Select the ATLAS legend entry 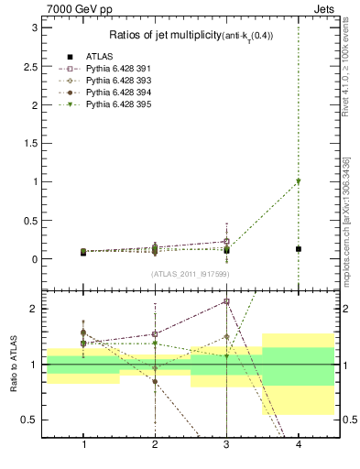click(102, 55)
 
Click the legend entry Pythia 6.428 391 click(115, 68)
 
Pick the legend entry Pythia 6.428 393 click(115, 80)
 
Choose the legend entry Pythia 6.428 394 click(115, 93)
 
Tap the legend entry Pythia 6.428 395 click(115, 105)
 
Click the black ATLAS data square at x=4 click(298, 249)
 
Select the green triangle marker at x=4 click(298, 181)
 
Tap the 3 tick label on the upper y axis click(34, 28)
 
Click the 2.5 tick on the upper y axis click(30, 67)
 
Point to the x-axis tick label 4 click(298, 444)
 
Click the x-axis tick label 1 click(84, 444)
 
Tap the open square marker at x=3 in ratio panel click(226, 301)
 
